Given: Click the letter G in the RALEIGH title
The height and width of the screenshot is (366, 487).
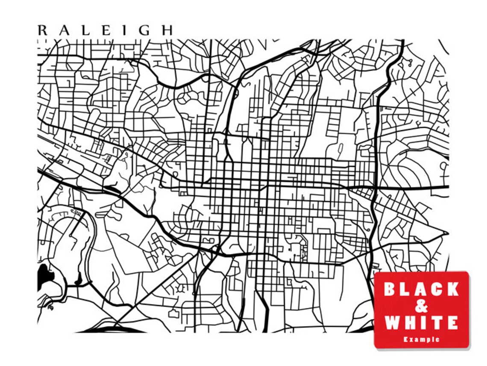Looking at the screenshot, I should point(145,30).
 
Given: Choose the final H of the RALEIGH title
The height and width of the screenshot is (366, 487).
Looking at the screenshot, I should point(167,30).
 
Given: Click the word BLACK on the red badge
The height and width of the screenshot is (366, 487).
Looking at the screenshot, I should point(421,289).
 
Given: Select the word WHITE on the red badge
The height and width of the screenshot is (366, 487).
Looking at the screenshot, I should point(421,322).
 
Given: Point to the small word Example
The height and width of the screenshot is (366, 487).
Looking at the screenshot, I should point(421,339).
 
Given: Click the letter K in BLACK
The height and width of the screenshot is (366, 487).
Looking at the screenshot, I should point(451,289).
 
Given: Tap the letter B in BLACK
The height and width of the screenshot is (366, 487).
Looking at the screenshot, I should point(390,289).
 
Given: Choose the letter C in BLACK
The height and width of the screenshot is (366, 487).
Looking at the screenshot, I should point(435,289).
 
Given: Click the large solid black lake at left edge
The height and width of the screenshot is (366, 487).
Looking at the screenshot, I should point(44,276).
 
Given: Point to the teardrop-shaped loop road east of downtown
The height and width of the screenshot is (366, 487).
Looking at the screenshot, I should point(340,149).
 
